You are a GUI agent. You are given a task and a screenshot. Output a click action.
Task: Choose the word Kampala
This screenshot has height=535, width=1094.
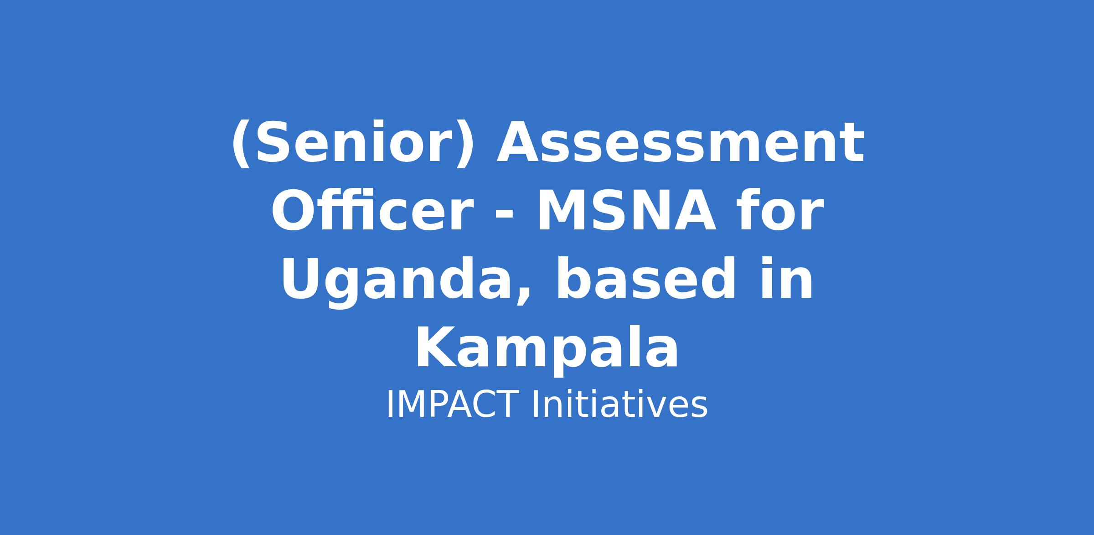click(547, 348)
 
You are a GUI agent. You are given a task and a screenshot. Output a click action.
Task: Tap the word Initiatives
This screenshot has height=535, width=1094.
click(619, 404)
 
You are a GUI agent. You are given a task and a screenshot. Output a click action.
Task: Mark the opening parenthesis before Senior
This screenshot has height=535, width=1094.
click(241, 144)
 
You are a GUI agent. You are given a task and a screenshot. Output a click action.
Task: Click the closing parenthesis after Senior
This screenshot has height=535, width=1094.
click(466, 144)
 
